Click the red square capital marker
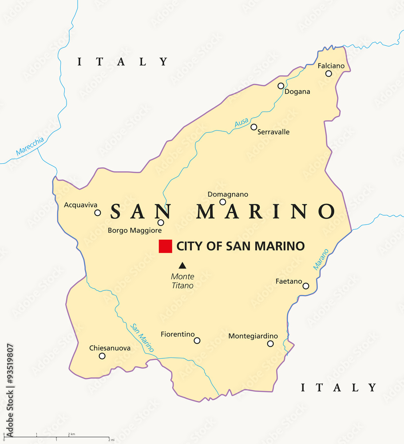click(x=166, y=246)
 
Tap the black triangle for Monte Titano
click(x=182, y=266)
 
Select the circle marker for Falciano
click(x=329, y=74)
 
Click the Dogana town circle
click(x=281, y=86)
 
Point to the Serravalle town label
click(x=273, y=132)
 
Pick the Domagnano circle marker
click(x=222, y=202)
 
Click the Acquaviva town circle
click(x=98, y=213)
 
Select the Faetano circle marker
click(x=306, y=286)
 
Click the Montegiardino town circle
click(x=270, y=344)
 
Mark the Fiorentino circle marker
click(x=197, y=341)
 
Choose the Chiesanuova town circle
click(x=102, y=356)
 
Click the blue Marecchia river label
click(x=30, y=146)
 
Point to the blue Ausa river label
click(x=242, y=123)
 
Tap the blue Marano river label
click(x=321, y=259)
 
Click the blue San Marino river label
click(x=142, y=338)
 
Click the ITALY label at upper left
click(x=123, y=62)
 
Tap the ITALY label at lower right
click(x=339, y=388)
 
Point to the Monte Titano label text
click(x=182, y=281)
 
